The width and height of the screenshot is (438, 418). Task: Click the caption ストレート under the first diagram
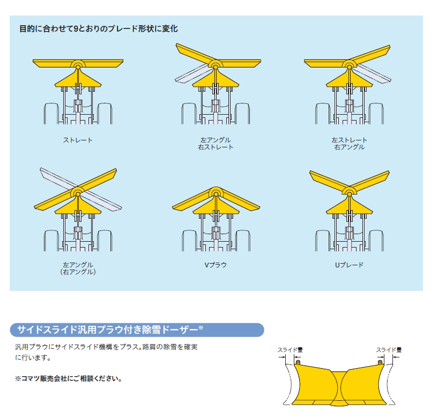pyautogui.click(x=78, y=140)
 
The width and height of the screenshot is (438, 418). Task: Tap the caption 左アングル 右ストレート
pyautogui.click(x=216, y=144)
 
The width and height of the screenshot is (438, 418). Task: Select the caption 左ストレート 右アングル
pyautogui.click(x=349, y=144)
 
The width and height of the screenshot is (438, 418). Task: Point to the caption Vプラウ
pyautogui.click(x=216, y=265)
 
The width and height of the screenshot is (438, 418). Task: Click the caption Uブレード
pyautogui.click(x=349, y=265)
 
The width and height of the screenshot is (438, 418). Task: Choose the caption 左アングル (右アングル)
pyautogui.click(x=78, y=268)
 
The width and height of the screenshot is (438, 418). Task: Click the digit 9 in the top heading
pyautogui.click(x=76, y=28)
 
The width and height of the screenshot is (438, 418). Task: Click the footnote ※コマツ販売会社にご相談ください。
pyautogui.click(x=69, y=379)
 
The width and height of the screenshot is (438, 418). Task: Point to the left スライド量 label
pyautogui.click(x=290, y=350)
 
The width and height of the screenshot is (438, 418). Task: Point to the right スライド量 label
pyautogui.click(x=389, y=350)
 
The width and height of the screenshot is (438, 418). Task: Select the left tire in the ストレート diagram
pyautogui.click(x=51, y=114)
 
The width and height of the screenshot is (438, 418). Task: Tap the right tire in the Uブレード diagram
pyautogui.click(x=376, y=241)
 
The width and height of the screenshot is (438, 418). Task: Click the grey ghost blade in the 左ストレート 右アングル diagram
pyautogui.click(x=374, y=74)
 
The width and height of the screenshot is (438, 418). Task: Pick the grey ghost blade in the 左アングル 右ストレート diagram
pyautogui.click(x=191, y=73)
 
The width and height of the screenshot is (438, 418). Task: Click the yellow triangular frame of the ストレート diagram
pyautogui.click(x=78, y=79)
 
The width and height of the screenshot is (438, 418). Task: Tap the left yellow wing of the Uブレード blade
pyautogui.click(x=329, y=181)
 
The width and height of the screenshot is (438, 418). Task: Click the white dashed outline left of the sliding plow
pyautogui.click(x=288, y=384)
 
